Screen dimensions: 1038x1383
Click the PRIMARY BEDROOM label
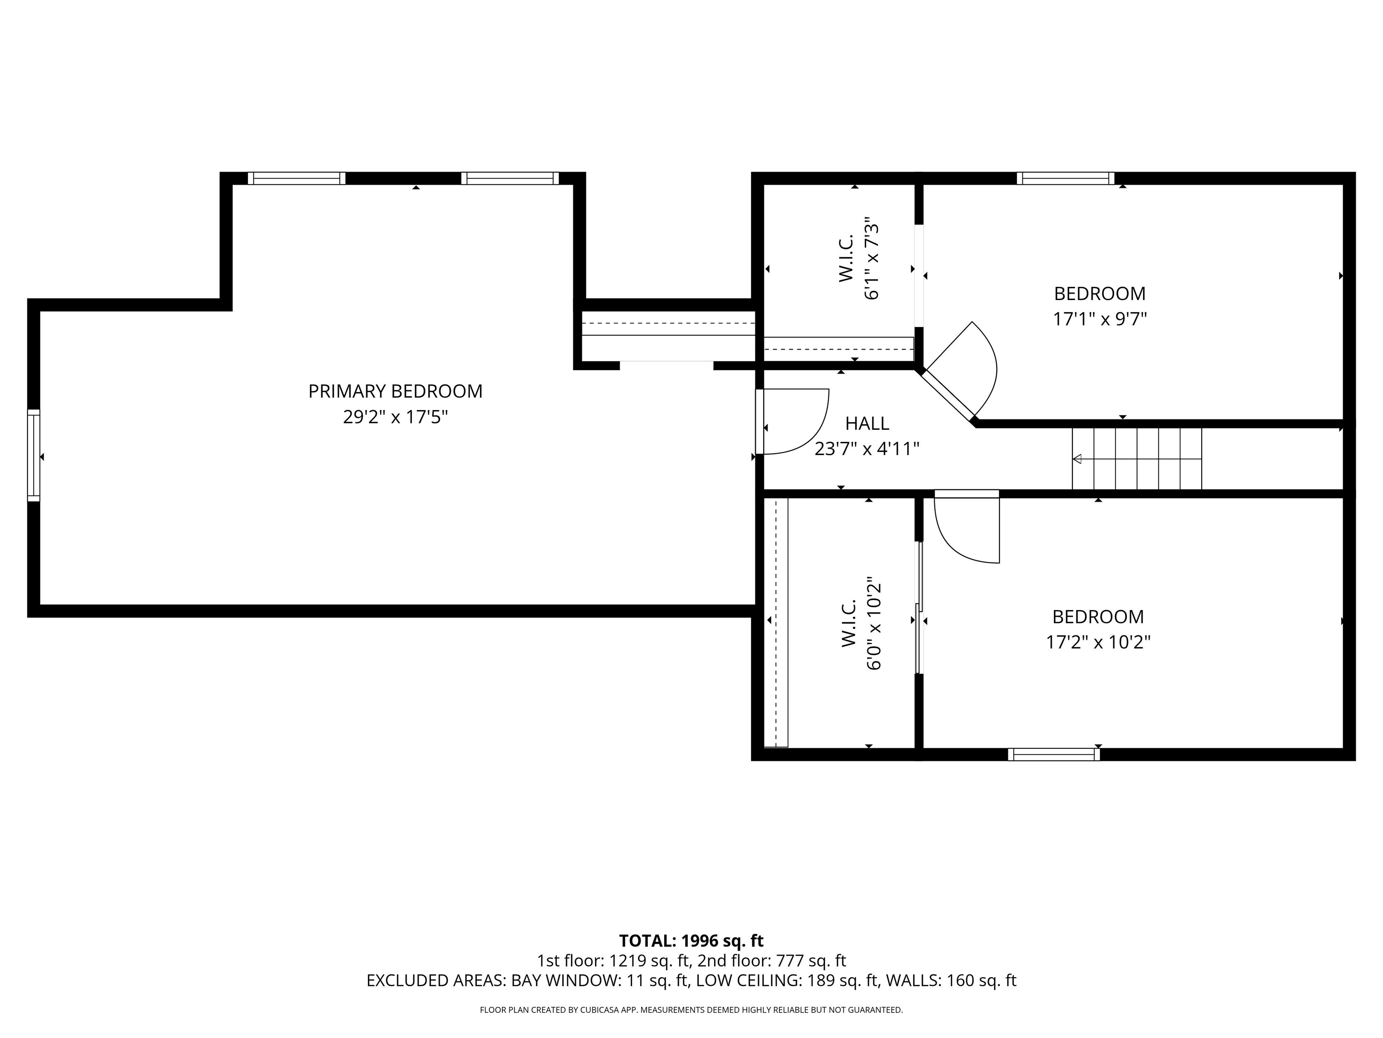(x=395, y=391)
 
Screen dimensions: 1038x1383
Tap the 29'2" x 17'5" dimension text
(x=395, y=417)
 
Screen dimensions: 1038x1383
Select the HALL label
(x=867, y=423)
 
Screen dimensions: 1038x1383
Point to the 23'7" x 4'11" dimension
(x=867, y=449)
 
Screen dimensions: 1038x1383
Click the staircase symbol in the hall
(x=1137, y=459)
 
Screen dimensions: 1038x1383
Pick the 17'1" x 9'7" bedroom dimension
(x=1100, y=319)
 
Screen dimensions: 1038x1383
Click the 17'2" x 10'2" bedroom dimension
(x=1098, y=642)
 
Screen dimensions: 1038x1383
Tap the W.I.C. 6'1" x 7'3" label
(x=859, y=259)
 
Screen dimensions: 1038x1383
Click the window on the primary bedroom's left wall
(x=34, y=455)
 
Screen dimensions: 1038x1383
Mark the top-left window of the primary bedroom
(x=296, y=178)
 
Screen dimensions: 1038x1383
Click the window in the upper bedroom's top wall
(x=1065, y=178)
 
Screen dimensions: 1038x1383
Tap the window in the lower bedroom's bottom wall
(x=1053, y=755)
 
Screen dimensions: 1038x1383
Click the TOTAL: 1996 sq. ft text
(x=691, y=941)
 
